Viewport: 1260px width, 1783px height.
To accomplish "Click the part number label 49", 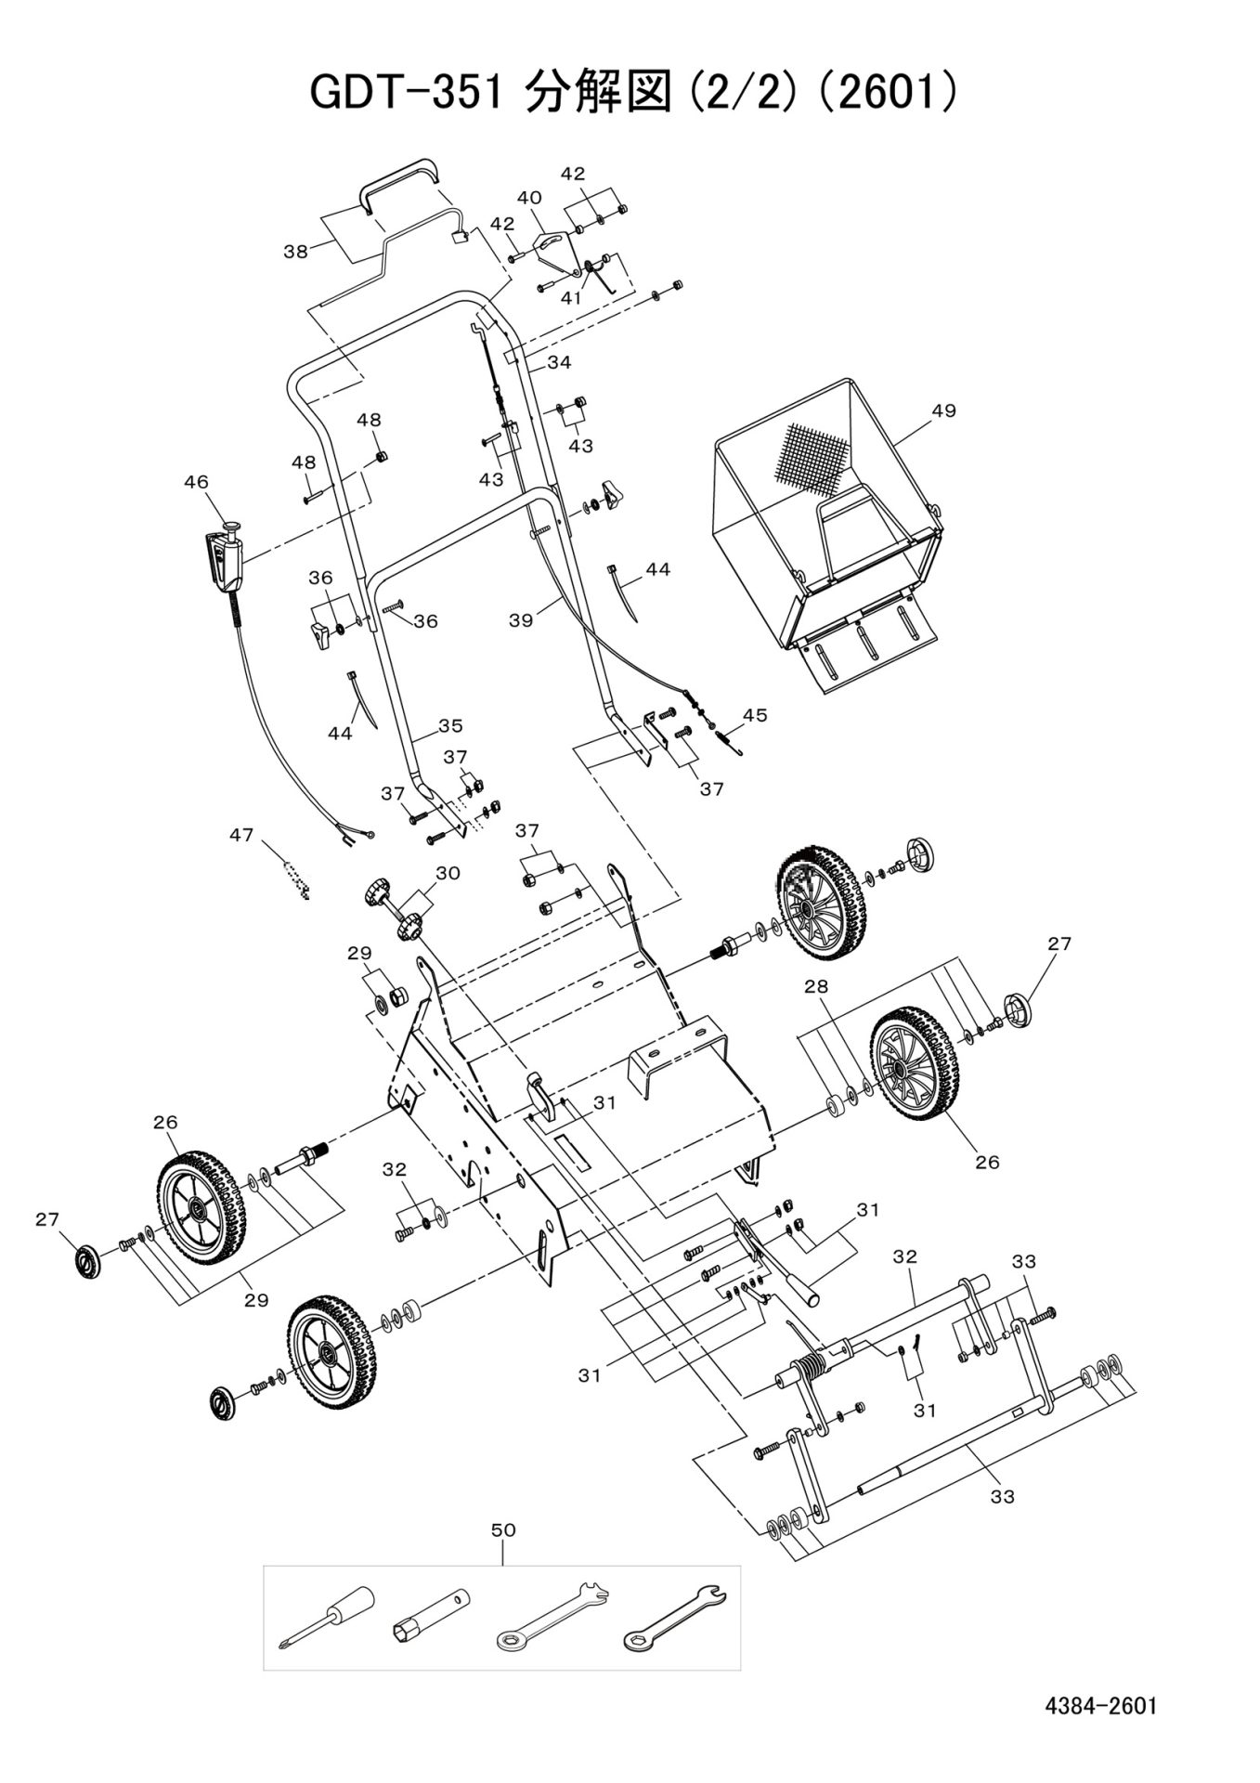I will click(x=943, y=410).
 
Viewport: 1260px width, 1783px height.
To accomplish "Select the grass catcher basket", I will click(x=827, y=520).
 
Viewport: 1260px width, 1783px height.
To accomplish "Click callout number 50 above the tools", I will click(x=502, y=1529).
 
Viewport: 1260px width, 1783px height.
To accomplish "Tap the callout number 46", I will click(x=196, y=482).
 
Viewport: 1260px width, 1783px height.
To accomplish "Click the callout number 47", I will click(x=241, y=836).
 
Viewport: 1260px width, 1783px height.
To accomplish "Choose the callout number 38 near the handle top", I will click(x=296, y=252).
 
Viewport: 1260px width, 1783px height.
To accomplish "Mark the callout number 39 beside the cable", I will click(x=521, y=620).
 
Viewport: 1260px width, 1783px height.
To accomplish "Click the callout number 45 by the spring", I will click(x=755, y=715).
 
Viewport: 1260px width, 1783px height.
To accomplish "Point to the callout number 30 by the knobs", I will click(x=448, y=873).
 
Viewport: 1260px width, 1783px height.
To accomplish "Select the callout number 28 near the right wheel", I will click(x=815, y=987).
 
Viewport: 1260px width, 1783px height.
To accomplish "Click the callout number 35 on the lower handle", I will click(x=450, y=725).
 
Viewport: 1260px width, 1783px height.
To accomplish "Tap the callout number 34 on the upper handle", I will click(x=559, y=362).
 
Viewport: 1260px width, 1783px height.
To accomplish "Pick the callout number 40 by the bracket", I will click(x=529, y=198).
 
